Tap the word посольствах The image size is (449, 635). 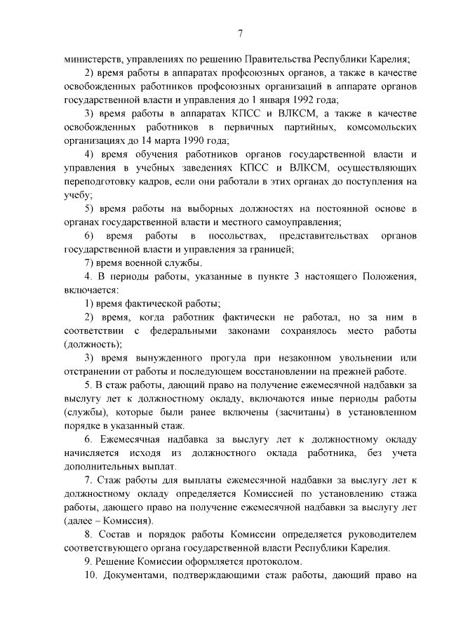click(x=239, y=236)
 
